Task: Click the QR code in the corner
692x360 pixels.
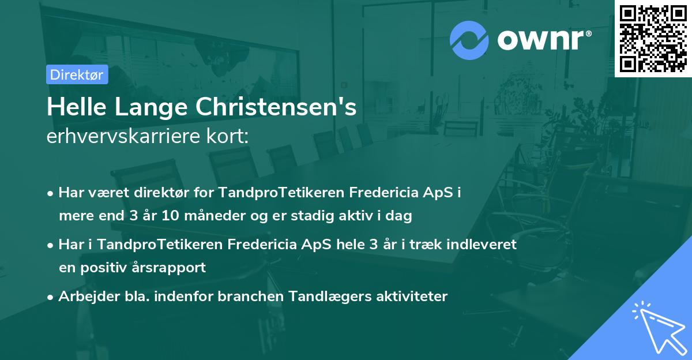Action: (x=653, y=38)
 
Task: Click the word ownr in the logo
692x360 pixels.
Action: (x=545, y=40)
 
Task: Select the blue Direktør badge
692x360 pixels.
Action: (x=77, y=74)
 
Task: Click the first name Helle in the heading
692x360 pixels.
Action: (x=71, y=107)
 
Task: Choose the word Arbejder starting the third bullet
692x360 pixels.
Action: (x=83, y=297)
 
